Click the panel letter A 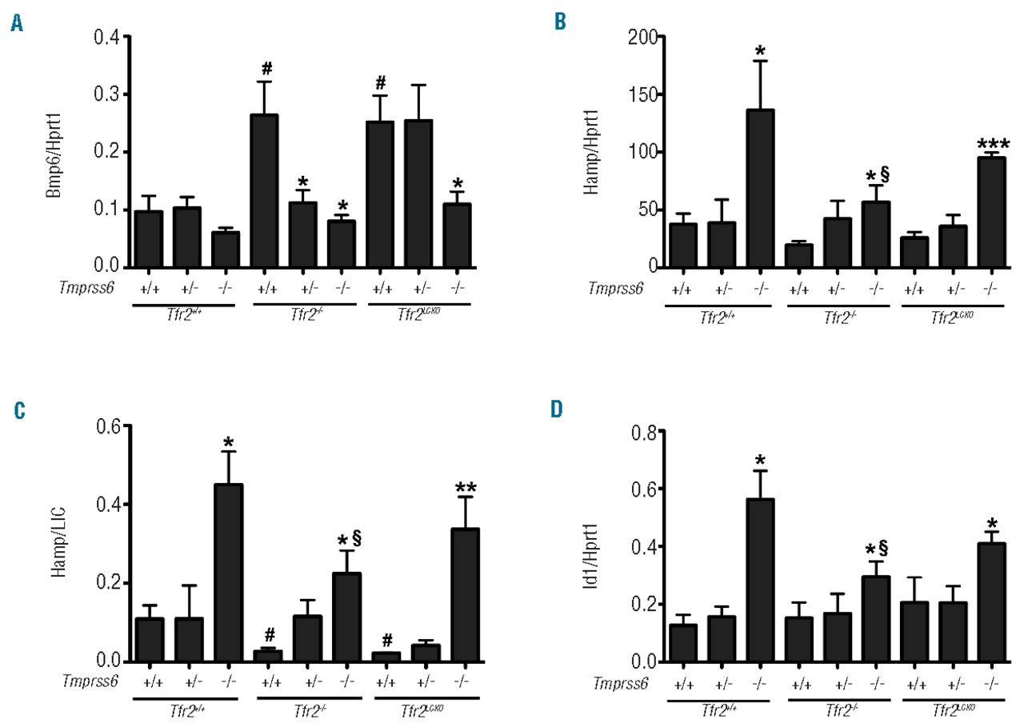[x=17, y=25]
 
